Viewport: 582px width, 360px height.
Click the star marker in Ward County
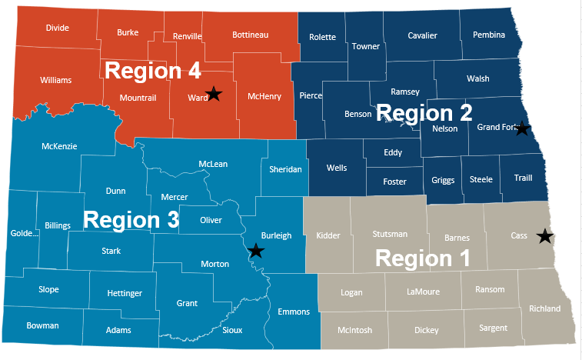215,94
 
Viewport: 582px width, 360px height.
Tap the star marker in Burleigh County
256,251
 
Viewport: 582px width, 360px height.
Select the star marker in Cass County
545,236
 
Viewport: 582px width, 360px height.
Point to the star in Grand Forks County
522,128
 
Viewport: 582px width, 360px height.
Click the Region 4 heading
152,72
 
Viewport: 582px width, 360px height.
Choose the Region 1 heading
422,258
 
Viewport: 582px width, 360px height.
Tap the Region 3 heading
131,219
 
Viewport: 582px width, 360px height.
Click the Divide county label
58,28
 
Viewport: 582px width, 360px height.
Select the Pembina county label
489,35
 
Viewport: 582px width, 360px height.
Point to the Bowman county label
42,325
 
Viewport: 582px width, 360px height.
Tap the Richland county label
545,308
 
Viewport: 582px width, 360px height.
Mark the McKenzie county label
59,146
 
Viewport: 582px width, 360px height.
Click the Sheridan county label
285,168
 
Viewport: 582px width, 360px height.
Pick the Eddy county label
393,152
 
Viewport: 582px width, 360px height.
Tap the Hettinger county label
125,293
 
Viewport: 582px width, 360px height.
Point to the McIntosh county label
354,330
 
